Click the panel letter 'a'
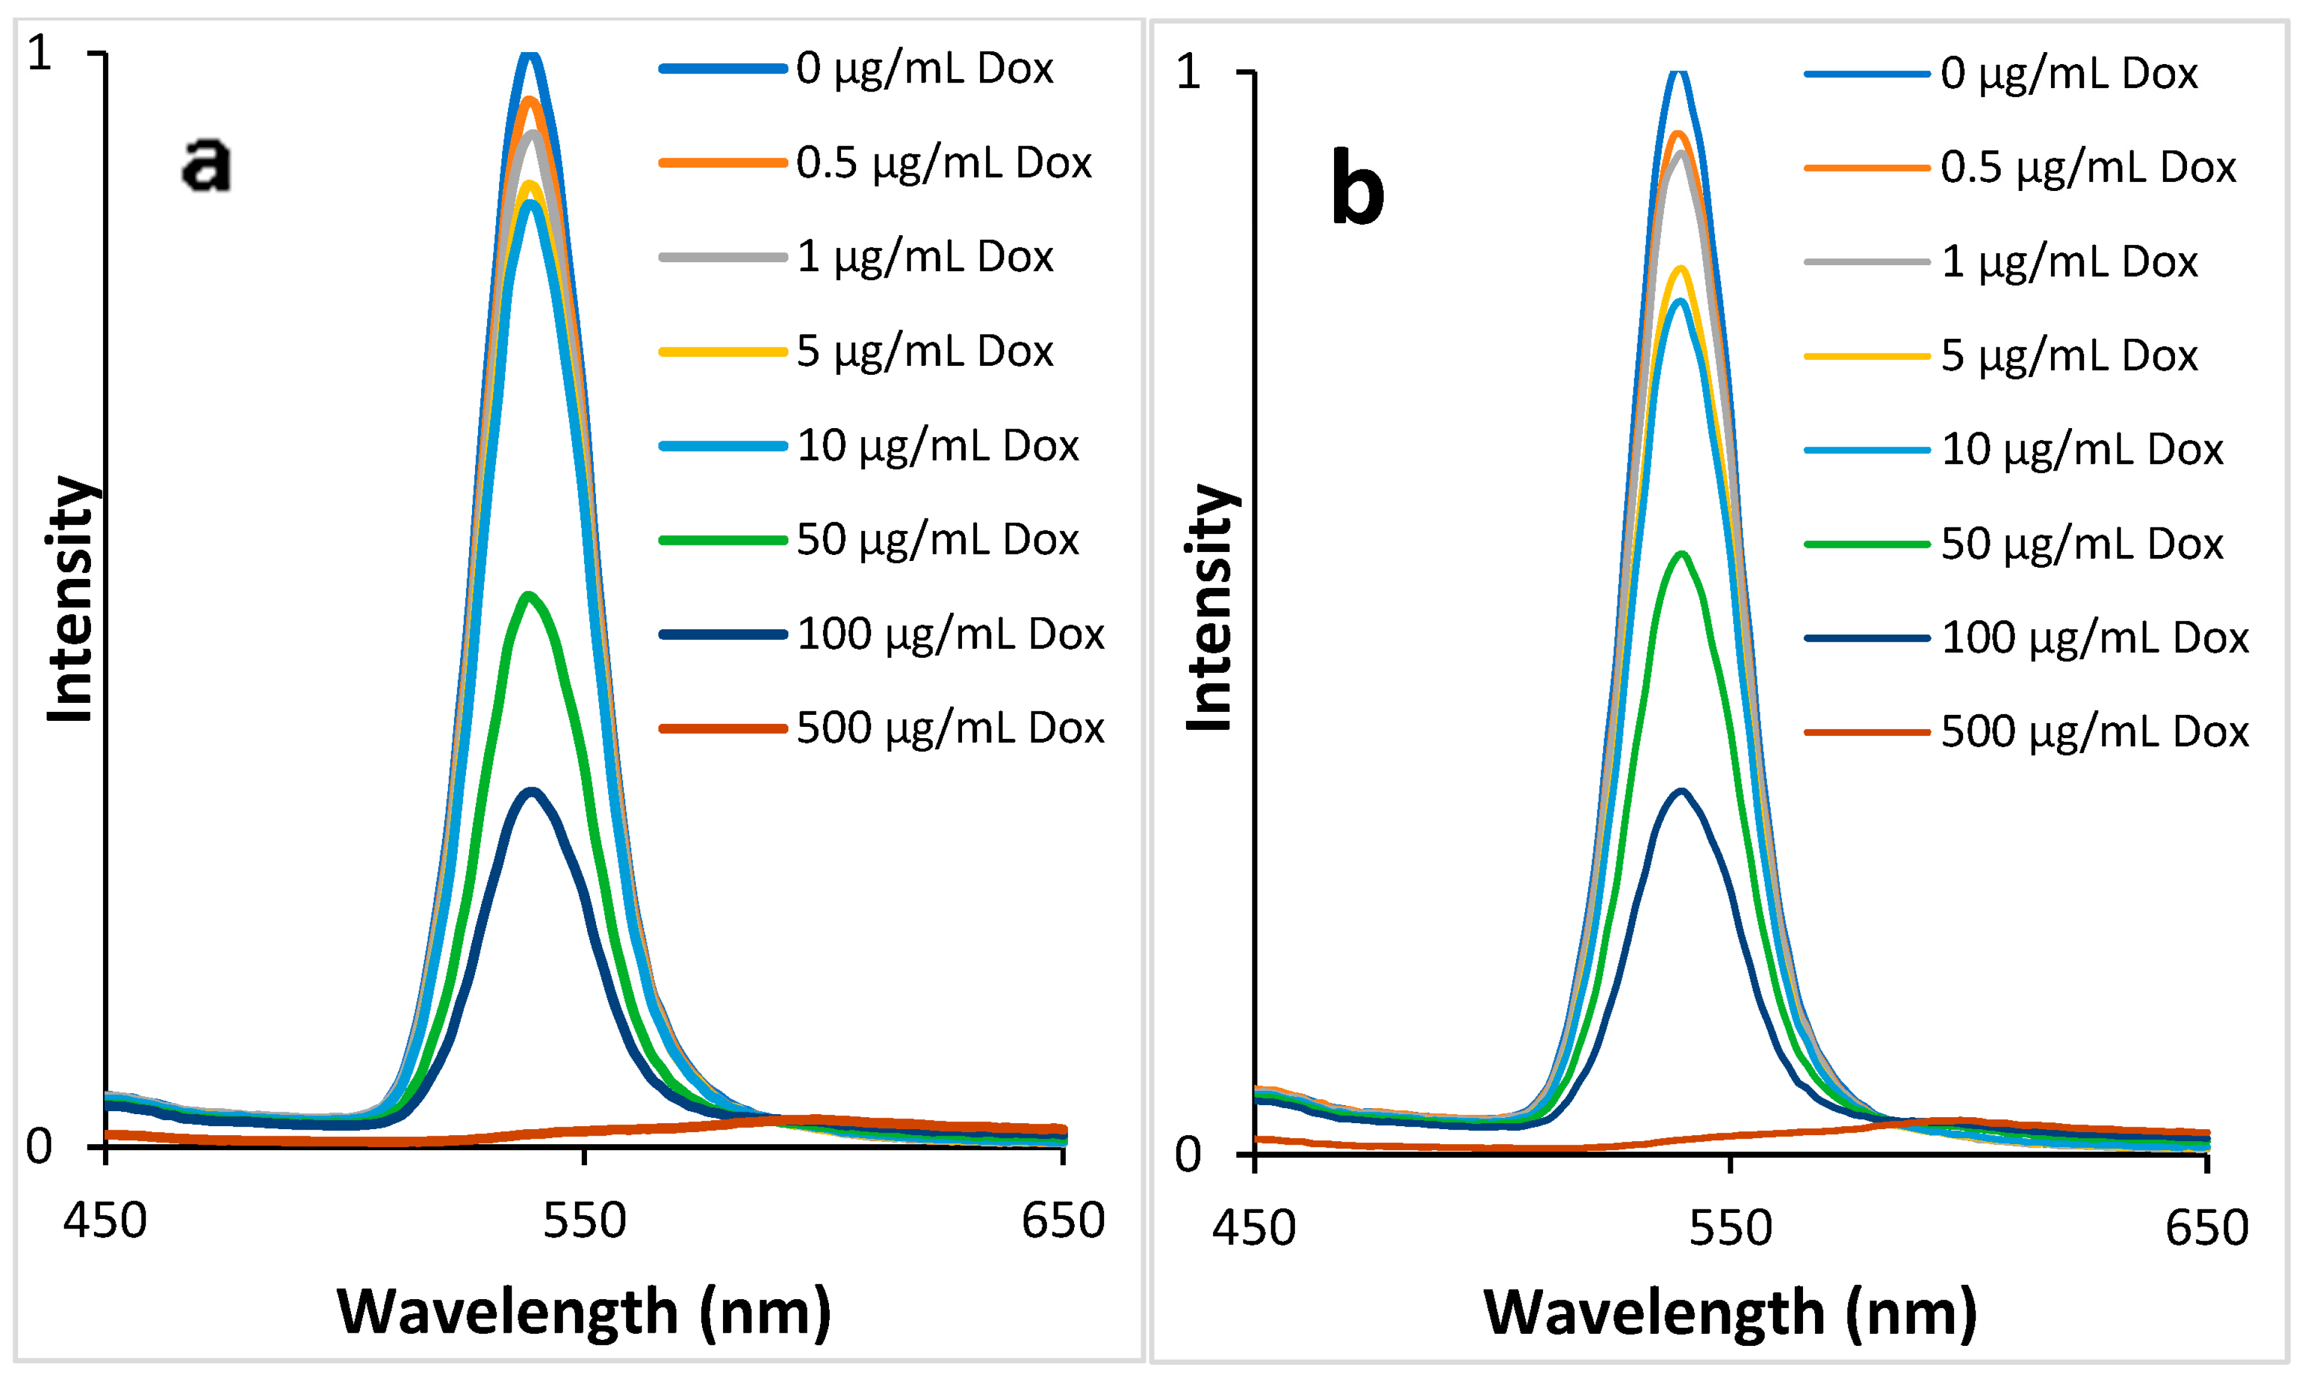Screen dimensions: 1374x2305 tap(205, 165)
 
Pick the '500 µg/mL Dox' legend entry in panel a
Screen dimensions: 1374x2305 tap(949, 729)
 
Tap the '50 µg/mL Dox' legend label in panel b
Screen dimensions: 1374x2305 tap(2081, 544)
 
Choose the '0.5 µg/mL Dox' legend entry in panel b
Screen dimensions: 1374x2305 tap(2088, 168)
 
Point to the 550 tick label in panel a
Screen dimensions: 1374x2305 tap(585, 1221)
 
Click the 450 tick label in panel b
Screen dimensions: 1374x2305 tap(1254, 1229)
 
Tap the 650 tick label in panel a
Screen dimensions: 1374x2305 tap(1062, 1221)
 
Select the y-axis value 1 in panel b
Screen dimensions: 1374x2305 tap(1188, 73)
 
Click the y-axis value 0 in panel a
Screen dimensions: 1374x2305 tap(39, 1147)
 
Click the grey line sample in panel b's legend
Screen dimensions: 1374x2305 tap(1866, 263)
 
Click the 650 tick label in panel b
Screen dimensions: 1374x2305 tap(2207, 1229)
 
